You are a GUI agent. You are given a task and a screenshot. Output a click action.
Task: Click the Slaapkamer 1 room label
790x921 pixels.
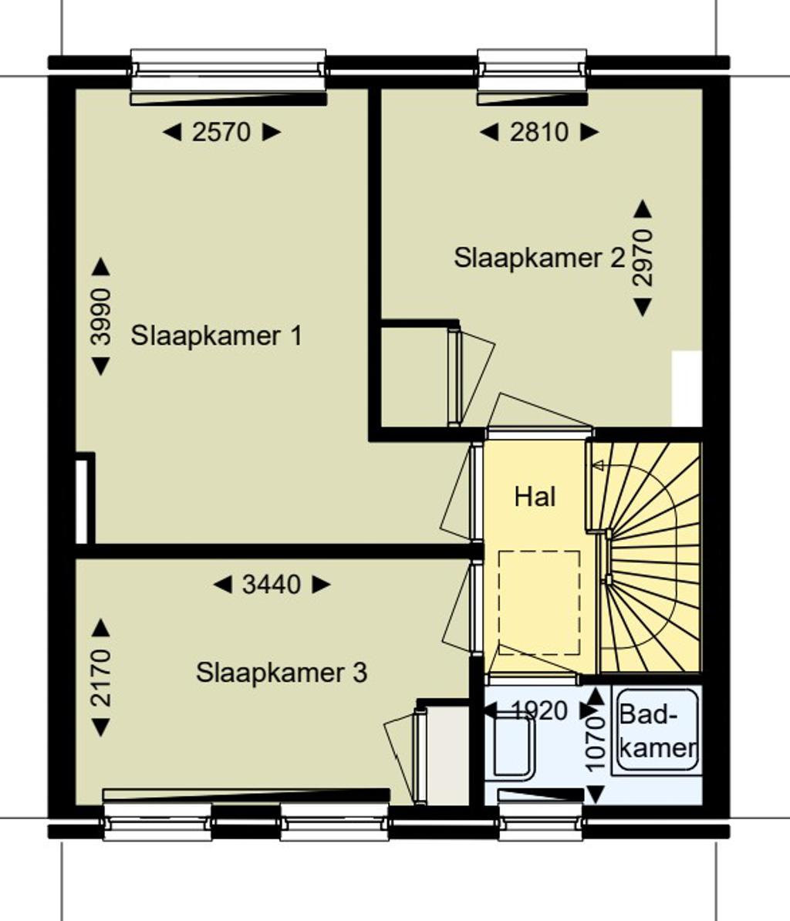(x=216, y=336)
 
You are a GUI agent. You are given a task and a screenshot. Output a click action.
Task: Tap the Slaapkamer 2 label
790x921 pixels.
(x=539, y=258)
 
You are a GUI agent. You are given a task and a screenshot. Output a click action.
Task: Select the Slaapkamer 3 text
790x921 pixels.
(x=282, y=673)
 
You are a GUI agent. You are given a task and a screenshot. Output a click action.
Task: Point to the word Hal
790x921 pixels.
(x=535, y=497)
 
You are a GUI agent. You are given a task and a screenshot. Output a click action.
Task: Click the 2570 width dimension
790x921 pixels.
(x=221, y=132)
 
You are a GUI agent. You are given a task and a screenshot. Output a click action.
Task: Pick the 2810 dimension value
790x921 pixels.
(x=539, y=132)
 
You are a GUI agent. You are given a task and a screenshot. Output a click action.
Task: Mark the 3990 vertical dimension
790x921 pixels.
(x=101, y=316)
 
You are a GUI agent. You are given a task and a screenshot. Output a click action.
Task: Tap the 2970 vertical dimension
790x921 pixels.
(x=643, y=258)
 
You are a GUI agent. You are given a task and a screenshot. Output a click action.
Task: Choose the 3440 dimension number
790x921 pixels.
(x=272, y=585)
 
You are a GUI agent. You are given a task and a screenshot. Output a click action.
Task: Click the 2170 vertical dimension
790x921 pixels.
(x=101, y=677)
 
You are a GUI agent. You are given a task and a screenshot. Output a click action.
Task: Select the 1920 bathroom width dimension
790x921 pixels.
(x=540, y=711)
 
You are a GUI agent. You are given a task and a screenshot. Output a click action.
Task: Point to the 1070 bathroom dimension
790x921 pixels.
(x=596, y=743)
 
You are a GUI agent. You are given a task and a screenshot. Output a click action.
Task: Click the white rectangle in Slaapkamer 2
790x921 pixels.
(x=687, y=389)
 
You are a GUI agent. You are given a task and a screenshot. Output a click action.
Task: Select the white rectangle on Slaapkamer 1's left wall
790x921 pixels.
(x=82, y=502)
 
